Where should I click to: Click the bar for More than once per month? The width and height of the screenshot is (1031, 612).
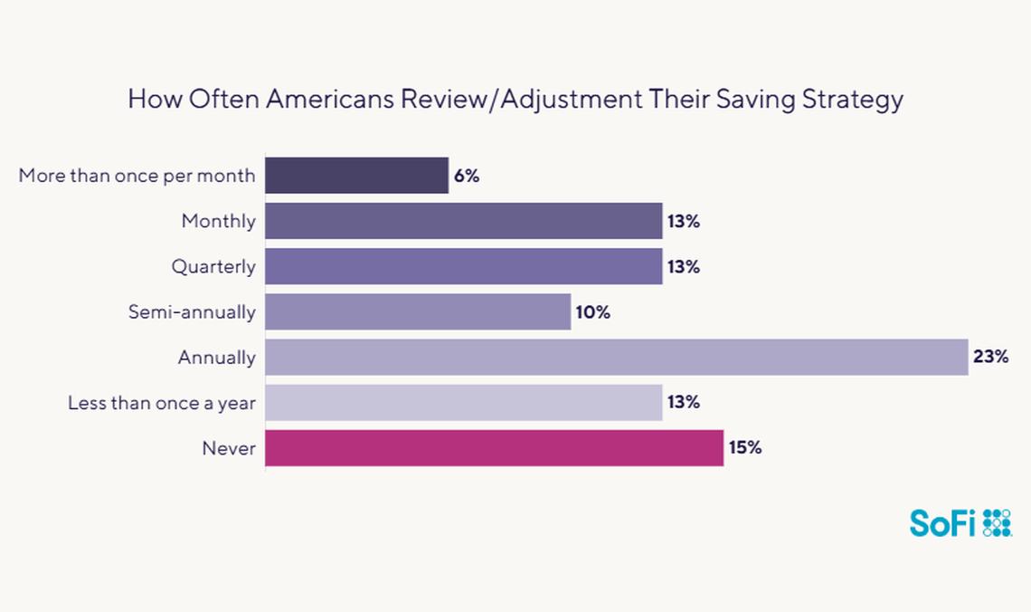point(356,176)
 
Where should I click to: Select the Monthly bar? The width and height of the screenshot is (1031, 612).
point(463,221)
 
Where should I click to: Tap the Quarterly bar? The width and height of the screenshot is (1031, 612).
point(463,266)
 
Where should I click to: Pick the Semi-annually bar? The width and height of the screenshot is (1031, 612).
point(418,311)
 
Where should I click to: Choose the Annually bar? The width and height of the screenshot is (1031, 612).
point(616,357)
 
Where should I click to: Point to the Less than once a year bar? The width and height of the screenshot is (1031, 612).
point(463,402)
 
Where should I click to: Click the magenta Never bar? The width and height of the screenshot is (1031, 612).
point(494,447)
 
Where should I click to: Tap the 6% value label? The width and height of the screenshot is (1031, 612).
point(467,177)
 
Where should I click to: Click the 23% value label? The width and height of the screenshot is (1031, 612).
point(990,357)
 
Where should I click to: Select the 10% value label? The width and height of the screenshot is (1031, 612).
point(593,312)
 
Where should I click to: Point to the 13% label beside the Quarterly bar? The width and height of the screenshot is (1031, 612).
point(684,267)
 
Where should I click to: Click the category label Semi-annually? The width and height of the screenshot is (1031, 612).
point(191,312)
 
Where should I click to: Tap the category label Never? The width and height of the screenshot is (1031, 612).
point(230,448)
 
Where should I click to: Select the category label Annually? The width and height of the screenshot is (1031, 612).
point(216,358)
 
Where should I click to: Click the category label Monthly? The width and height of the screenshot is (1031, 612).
point(218,222)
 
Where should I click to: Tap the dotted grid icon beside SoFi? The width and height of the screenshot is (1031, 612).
point(997,523)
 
